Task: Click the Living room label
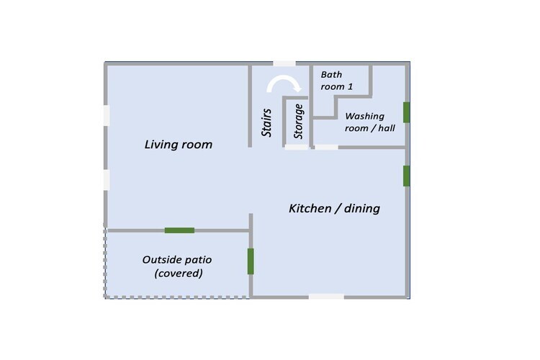click(x=179, y=144)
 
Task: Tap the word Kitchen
click(x=310, y=208)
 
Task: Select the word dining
click(x=362, y=209)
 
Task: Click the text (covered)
click(x=179, y=273)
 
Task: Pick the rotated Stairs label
click(x=266, y=122)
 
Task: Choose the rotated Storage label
click(x=298, y=121)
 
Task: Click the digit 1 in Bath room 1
click(x=350, y=86)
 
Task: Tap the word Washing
click(x=365, y=117)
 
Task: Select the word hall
click(x=387, y=128)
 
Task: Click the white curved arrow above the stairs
click(x=284, y=83)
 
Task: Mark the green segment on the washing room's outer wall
click(x=406, y=112)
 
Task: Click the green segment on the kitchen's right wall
click(x=406, y=176)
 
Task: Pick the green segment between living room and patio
click(x=179, y=230)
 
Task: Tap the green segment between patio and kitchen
click(x=251, y=261)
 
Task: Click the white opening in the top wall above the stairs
click(x=284, y=64)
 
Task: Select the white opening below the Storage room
click(x=297, y=147)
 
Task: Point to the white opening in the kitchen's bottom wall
click(x=326, y=297)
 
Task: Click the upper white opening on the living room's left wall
click(x=107, y=115)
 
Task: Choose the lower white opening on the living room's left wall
click(x=107, y=180)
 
